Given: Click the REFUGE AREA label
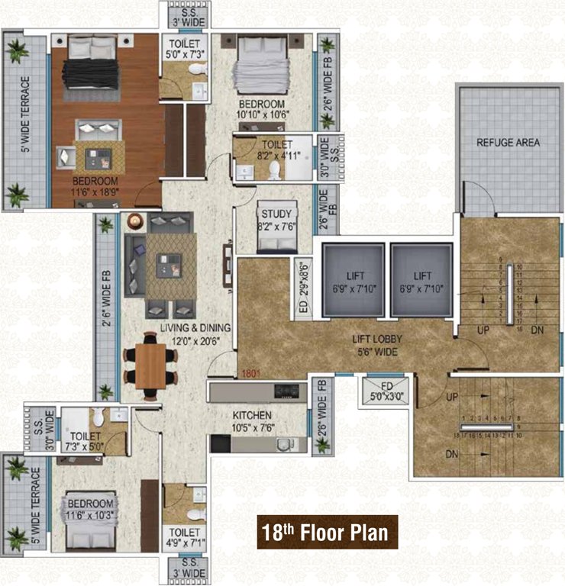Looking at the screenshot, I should pyautogui.click(x=508, y=142).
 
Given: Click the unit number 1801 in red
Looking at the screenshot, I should pyautogui.click(x=252, y=374).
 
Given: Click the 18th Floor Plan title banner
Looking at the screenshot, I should pyautogui.click(x=327, y=533).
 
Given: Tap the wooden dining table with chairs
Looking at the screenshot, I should pyautogui.click(x=150, y=365).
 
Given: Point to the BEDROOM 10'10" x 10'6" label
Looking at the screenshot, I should pyautogui.click(x=261, y=109).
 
